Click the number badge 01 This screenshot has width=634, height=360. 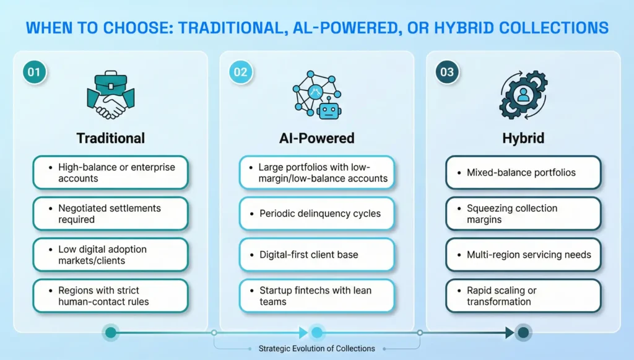35,72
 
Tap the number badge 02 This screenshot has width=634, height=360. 241,72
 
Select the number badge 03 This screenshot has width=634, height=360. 447,72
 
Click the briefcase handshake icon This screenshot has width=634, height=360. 111,95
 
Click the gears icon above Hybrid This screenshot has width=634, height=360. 523,95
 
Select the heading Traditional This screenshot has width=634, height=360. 111,138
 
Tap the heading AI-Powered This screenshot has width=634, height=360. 317,138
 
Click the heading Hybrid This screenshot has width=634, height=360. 523,138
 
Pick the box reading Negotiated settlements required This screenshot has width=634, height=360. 111,214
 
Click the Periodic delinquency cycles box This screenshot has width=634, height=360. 317,214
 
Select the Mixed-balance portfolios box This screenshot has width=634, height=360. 523,172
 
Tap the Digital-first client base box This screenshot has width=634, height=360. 317,255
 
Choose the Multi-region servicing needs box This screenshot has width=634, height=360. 523,255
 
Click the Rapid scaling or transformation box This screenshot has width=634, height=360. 523,296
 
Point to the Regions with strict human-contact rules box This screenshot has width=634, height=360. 111,296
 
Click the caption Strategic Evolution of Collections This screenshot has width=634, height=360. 317,349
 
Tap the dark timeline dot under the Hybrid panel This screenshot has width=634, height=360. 523,333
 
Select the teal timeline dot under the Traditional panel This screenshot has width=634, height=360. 111,333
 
